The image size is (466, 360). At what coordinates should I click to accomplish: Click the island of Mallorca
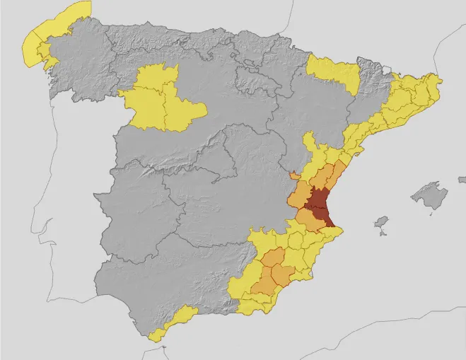pos(430,195)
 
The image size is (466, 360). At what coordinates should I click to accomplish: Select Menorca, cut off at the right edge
pos(462,179)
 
